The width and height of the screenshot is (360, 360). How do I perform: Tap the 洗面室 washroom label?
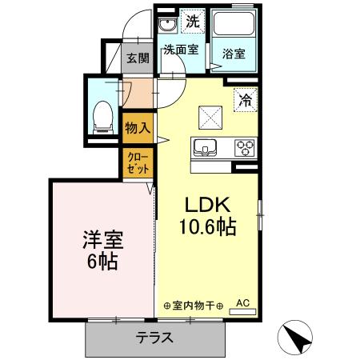tap(180, 49)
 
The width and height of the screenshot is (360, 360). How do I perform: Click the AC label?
tap(243, 303)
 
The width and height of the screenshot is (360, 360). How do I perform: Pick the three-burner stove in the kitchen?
tap(244, 147)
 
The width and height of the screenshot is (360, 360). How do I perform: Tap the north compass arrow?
tap(296, 338)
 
